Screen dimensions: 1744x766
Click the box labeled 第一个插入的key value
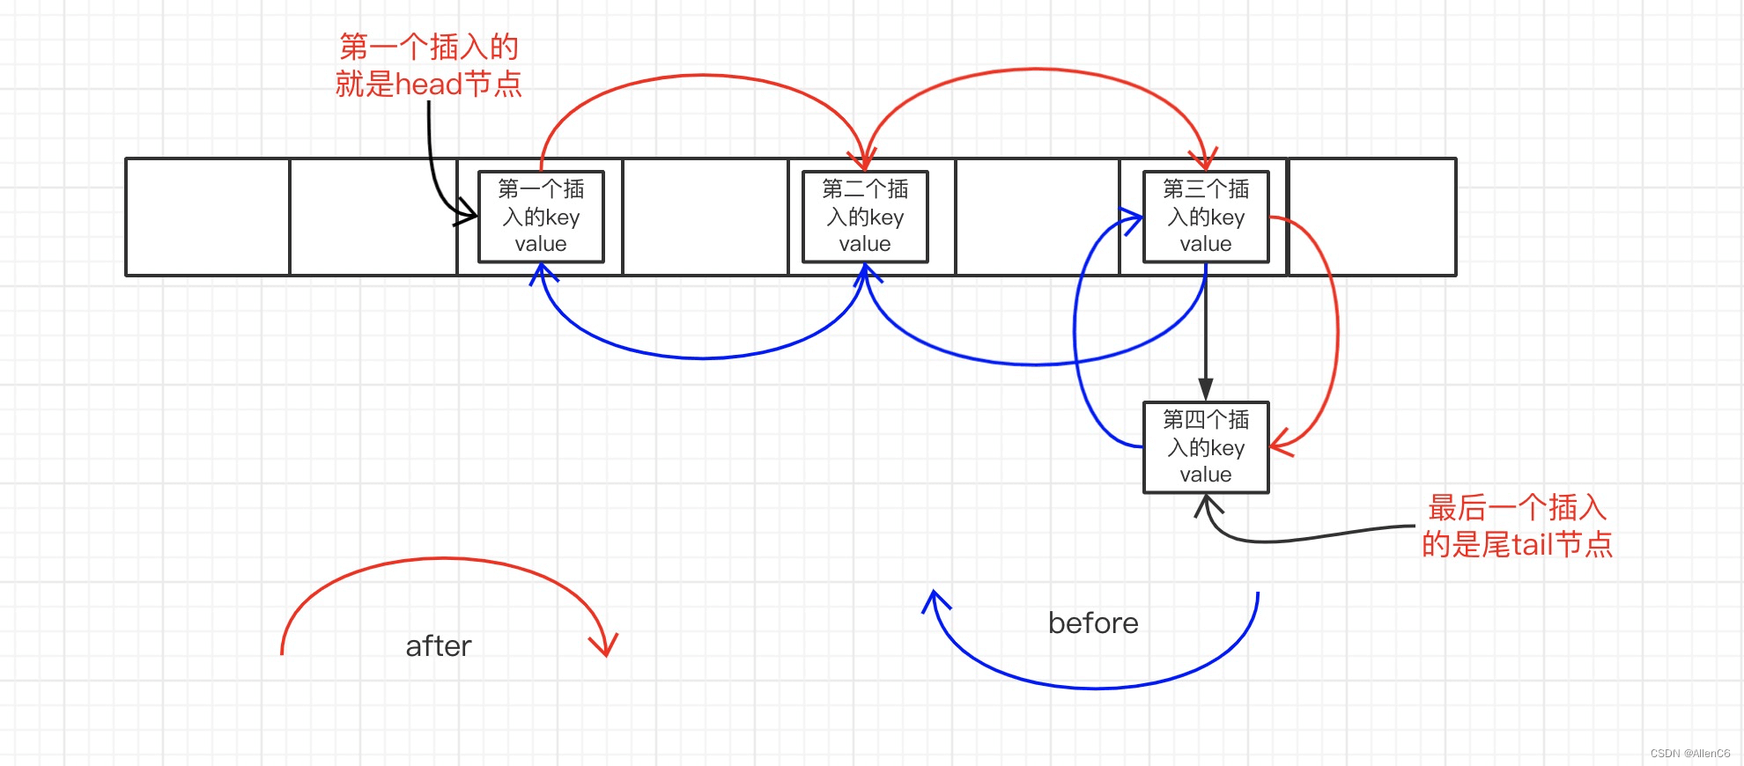(x=541, y=217)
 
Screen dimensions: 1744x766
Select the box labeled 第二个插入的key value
(x=865, y=217)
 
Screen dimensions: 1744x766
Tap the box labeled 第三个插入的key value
(x=1206, y=217)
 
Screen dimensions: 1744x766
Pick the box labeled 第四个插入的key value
(x=1206, y=447)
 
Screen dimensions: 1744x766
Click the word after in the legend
(x=439, y=646)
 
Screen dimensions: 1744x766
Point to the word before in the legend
(x=1093, y=623)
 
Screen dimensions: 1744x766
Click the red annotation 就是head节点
(x=429, y=85)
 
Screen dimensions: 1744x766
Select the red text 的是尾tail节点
(x=1517, y=545)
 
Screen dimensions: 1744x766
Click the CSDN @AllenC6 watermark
(x=1690, y=754)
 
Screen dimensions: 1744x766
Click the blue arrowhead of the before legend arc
(x=935, y=601)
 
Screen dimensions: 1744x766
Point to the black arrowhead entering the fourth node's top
(x=1206, y=389)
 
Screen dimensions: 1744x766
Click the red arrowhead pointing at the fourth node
(x=1280, y=443)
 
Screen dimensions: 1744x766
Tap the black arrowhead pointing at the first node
(x=467, y=214)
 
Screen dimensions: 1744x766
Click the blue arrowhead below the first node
(x=543, y=273)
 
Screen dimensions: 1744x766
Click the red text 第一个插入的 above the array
(x=429, y=47)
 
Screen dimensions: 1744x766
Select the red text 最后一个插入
(x=1518, y=508)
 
